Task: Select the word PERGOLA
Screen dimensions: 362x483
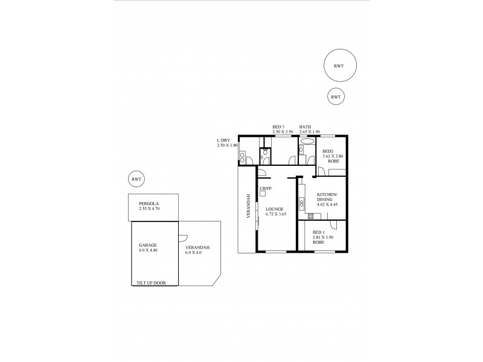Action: click(148, 204)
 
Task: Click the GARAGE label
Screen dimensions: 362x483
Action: click(148, 246)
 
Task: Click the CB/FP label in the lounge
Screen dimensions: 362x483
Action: click(264, 189)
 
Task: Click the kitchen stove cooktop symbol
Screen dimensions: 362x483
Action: click(311, 216)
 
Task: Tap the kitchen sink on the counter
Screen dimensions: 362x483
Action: click(299, 195)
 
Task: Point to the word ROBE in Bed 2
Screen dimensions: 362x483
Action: click(332, 162)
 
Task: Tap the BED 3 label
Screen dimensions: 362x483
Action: click(278, 127)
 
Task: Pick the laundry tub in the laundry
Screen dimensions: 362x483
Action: click(242, 157)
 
